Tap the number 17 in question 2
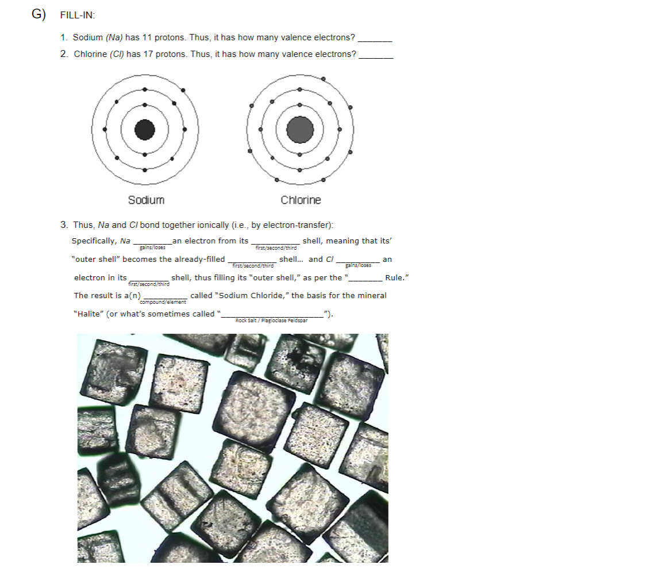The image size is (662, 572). tap(149, 54)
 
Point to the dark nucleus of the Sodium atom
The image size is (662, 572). tap(145, 129)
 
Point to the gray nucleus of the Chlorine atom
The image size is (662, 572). tap(299, 129)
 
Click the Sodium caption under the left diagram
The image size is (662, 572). tap(146, 200)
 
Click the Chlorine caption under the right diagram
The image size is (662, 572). tap(301, 200)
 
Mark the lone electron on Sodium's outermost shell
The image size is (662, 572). tap(183, 90)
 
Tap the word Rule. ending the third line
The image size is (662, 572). tap(397, 277)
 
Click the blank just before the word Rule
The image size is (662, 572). tap(366, 279)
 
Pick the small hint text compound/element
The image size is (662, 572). tap(163, 302)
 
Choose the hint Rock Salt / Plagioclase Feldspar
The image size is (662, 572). tap(271, 321)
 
